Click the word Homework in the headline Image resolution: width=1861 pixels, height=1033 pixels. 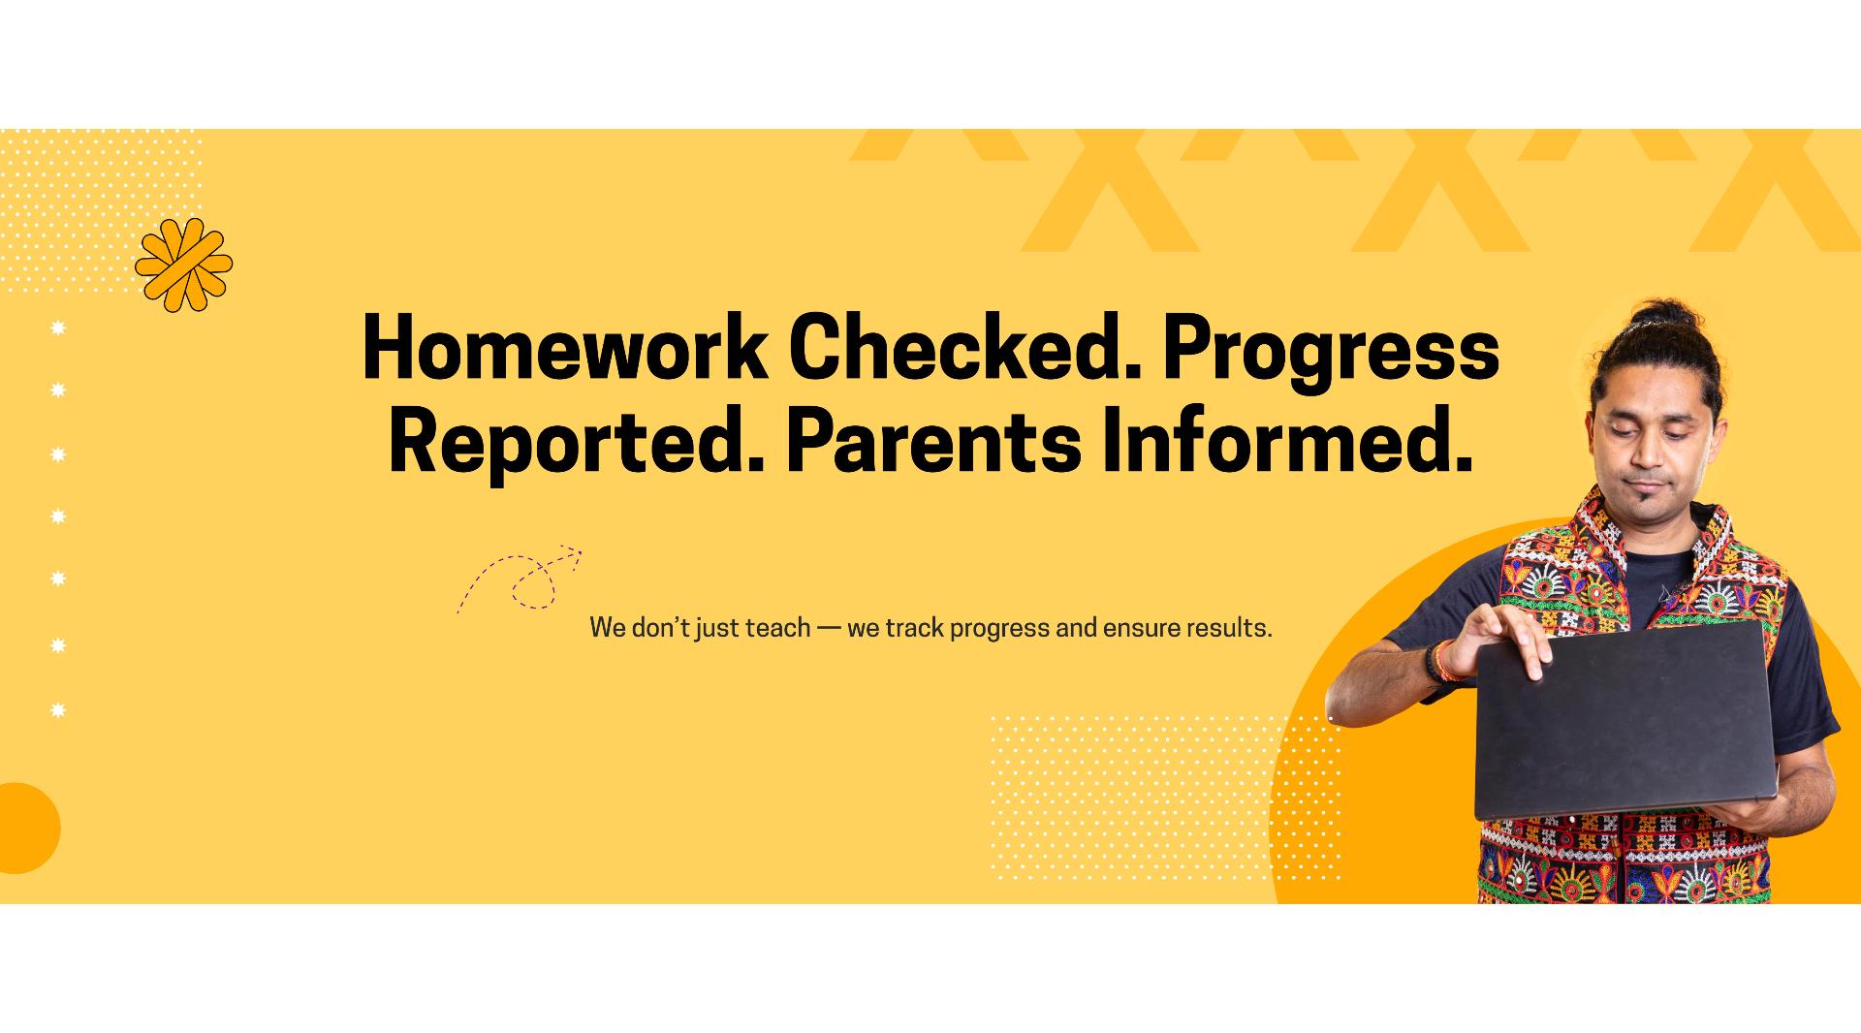(x=563, y=347)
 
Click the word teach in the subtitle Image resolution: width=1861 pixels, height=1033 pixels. (x=777, y=628)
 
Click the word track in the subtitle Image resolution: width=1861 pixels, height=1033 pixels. (x=913, y=628)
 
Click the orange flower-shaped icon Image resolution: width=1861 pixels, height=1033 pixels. (x=183, y=265)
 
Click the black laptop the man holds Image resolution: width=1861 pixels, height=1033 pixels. (x=1625, y=721)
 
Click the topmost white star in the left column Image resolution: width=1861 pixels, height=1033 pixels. (x=58, y=329)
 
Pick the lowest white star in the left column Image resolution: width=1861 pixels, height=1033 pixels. (x=58, y=710)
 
